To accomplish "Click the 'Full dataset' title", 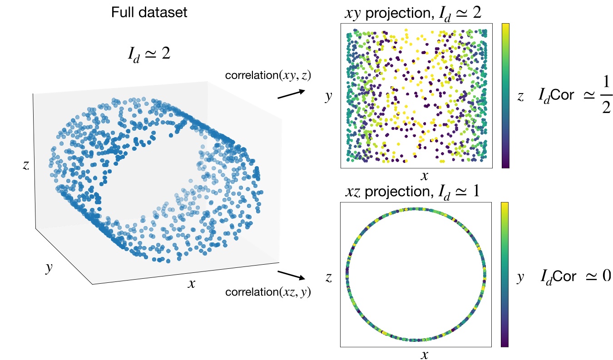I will click(x=149, y=12).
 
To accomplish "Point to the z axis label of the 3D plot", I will click(x=26, y=165).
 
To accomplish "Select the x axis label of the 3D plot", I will click(x=192, y=284).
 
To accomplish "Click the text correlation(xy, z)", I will click(x=268, y=76).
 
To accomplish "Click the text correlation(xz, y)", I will click(x=268, y=292).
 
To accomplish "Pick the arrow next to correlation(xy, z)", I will click(x=291, y=94).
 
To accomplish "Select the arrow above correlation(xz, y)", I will click(x=291, y=275).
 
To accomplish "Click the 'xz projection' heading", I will click(x=412, y=192).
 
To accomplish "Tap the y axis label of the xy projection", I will click(x=329, y=97).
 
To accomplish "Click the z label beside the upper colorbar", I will click(x=521, y=96).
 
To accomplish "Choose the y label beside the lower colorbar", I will click(x=521, y=276).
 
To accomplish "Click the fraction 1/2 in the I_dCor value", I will click(x=604, y=96).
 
